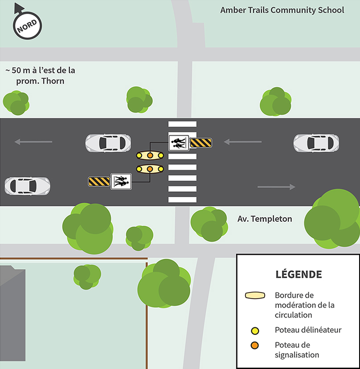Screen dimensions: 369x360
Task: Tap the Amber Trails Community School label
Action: [x=282, y=10]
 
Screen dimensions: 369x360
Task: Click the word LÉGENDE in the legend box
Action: [x=299, y=274]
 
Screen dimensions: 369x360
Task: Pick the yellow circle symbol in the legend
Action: [x=255, y=331]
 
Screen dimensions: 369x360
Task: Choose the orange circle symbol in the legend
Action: [x=255, y=345]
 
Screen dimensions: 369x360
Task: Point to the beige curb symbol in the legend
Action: [x=255, y=296]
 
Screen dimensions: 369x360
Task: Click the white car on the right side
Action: [x=316, y=143]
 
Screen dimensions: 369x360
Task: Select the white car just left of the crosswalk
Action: [x=108, y=143]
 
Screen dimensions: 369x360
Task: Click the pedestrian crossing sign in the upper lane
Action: [x=179, y=142]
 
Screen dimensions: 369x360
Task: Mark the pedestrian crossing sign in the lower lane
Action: [x=121, y=181]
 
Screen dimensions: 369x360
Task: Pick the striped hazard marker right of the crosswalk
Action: [x=201, y=142]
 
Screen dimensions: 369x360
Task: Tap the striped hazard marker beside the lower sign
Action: [x=99, y=181]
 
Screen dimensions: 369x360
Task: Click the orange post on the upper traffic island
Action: [x=150, y=155]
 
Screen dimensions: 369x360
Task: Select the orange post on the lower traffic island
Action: [x=150, y=169]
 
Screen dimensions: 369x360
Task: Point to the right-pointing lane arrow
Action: [x=276, y=187]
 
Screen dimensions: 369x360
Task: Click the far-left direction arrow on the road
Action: [x=33, y=142]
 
